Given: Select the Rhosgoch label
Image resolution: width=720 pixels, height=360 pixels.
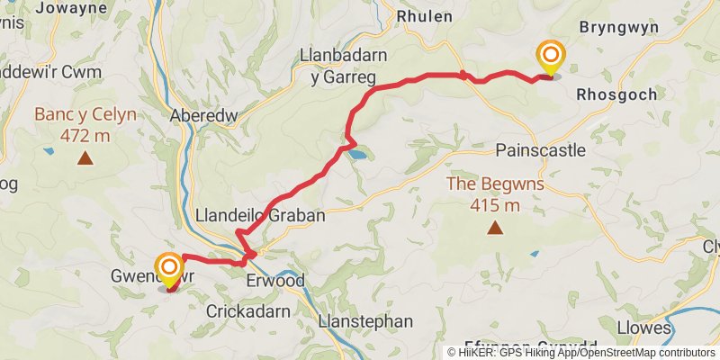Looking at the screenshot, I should pos(615,94).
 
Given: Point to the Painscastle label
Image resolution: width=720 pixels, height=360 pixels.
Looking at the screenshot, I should pos(541,149).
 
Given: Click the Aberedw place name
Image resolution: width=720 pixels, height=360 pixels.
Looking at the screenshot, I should pos(201,116).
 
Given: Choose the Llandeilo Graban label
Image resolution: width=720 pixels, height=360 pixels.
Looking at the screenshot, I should pos(259,216).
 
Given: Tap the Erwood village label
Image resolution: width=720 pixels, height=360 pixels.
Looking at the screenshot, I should pos(275,282).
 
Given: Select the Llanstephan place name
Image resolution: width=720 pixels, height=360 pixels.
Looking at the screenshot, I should pos(366,321).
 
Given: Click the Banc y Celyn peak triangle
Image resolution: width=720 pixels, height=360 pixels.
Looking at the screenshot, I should pos(85,159).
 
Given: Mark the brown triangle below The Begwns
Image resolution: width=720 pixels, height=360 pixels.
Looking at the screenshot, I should pos(494,229).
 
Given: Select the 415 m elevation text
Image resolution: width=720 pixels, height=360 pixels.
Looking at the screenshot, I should pos(494,205).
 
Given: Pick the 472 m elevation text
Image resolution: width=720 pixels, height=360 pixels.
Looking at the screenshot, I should pos(85,136).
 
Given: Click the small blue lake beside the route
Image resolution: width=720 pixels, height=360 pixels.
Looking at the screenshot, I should pos(358,155).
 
